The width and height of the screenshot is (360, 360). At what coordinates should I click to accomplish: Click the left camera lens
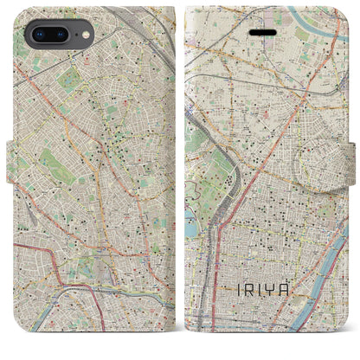click(x=37, y=35)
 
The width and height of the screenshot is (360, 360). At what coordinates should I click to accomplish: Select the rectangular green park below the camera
click(x=69, y=82)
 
